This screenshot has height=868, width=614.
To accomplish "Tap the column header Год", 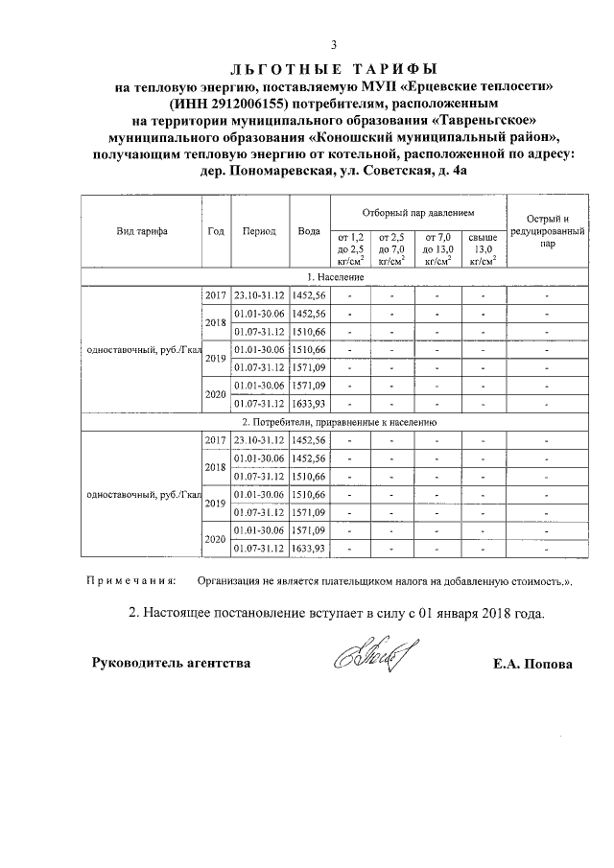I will [216, 231].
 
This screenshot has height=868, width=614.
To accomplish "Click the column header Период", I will [259, 231].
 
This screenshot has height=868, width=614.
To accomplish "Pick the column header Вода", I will [309, 231].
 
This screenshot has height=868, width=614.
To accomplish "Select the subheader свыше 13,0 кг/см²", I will [482, 247].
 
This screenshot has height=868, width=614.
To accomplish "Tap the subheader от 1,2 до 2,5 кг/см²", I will [350, 247].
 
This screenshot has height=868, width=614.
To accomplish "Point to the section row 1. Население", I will [333, 276].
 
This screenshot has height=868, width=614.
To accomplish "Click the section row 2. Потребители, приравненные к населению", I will [333, 421].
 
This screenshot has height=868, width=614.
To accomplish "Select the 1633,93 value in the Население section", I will [309, 404].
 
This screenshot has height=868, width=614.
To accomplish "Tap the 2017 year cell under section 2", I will [216, 439].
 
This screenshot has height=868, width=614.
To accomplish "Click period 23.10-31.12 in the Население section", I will [259, 295].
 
